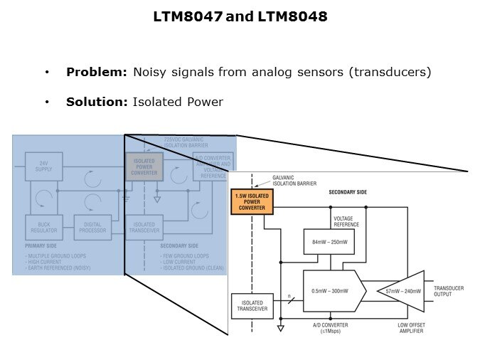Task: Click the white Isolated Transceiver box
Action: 252,306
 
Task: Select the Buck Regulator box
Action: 43,226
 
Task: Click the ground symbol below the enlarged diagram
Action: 281,328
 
